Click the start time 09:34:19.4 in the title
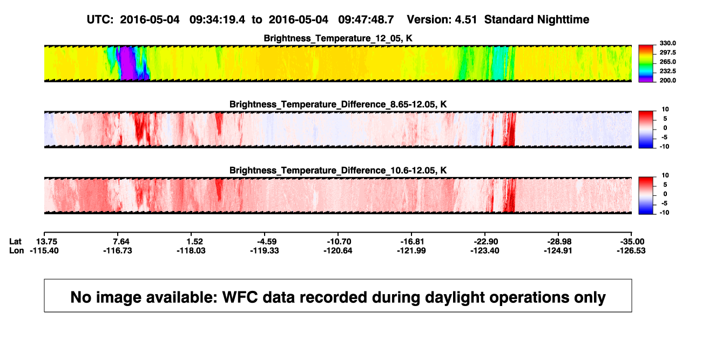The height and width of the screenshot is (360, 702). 217,19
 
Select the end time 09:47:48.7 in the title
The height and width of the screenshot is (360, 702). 366,19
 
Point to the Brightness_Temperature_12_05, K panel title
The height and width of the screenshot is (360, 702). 338,38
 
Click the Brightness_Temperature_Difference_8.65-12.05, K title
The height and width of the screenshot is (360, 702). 338,104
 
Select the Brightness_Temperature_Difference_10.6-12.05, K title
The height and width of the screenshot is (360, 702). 338,171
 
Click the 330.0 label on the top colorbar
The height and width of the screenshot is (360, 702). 667,43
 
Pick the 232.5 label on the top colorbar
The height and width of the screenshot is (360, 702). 667,71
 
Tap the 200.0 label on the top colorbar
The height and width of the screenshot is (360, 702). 667,80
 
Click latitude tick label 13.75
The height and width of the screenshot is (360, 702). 46,242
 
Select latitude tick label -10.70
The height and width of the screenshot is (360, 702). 339,242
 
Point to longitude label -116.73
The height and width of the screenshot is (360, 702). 118,250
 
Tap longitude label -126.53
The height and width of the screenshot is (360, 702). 631,250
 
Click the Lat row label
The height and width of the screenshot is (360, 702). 15,242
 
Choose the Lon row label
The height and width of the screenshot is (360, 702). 16,250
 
